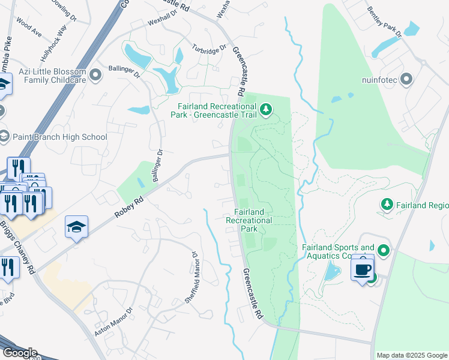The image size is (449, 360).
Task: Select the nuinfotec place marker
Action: click(407, 79)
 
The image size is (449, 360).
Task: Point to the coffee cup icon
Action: click(363, 269)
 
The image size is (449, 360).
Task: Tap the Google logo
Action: click(19, 352)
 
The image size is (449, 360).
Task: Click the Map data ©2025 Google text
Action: click(411, 355)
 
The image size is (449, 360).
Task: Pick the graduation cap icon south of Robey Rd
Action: click(76, 227)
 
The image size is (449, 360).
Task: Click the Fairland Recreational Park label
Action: click(249, 220)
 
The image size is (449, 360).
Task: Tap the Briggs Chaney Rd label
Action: click(18, 246)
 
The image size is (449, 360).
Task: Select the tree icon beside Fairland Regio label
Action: click(387, 205)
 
